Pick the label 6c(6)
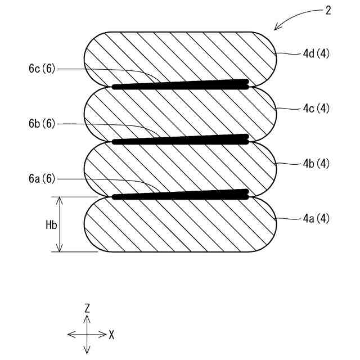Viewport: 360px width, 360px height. coord(42,69)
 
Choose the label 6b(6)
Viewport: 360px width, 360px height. coord(42,124)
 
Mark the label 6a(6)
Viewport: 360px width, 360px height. coord(42,179)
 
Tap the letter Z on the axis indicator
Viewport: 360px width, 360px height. coord(87,308)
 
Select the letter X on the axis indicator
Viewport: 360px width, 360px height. coord(111,335)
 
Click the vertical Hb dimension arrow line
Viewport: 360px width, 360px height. coord(60,224)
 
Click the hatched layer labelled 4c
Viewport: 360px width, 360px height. coord(180,112)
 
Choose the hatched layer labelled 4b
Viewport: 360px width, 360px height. coord(180,168)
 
